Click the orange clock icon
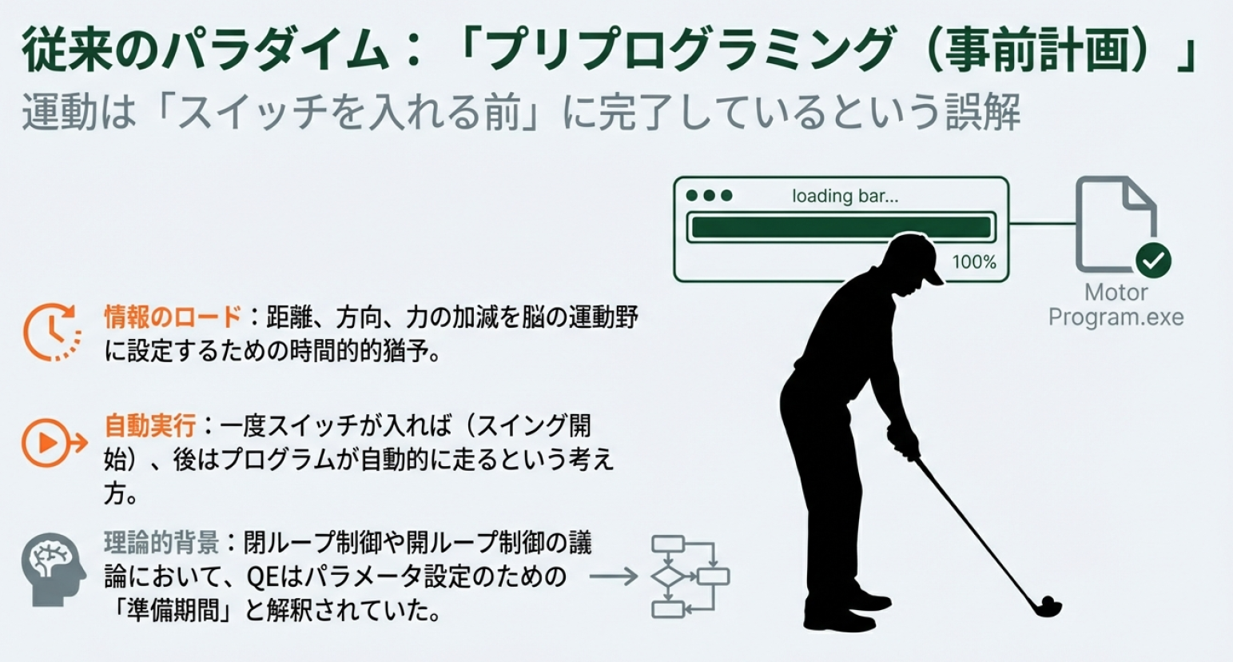tap(52, 332)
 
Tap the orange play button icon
tap(54, 443)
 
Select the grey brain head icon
tap(53, 569)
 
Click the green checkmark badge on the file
tap(1153, 261)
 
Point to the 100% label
tap(974, 262)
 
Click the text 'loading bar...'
tap(845, 196)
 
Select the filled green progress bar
tap(841, 227)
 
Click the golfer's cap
tap(917, 254)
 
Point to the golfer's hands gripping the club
tap(902, 441)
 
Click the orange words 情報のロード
tap(173, 317)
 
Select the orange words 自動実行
tap(149, 425)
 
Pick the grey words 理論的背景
tap(161, 544)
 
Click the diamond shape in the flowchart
tap(668, 576)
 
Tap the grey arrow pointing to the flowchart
tap(613, 576)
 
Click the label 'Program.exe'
tap(1116, 317)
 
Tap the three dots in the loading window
tap(709, 196)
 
